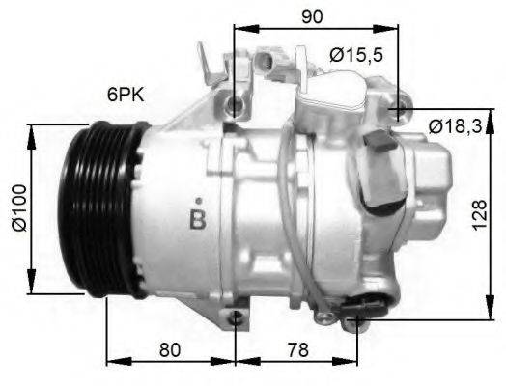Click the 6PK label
click(126, 95)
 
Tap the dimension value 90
click(312, 16)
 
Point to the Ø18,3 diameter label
click(459, 125)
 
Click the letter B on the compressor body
click(198, 217)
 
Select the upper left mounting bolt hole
click(234, 104)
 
